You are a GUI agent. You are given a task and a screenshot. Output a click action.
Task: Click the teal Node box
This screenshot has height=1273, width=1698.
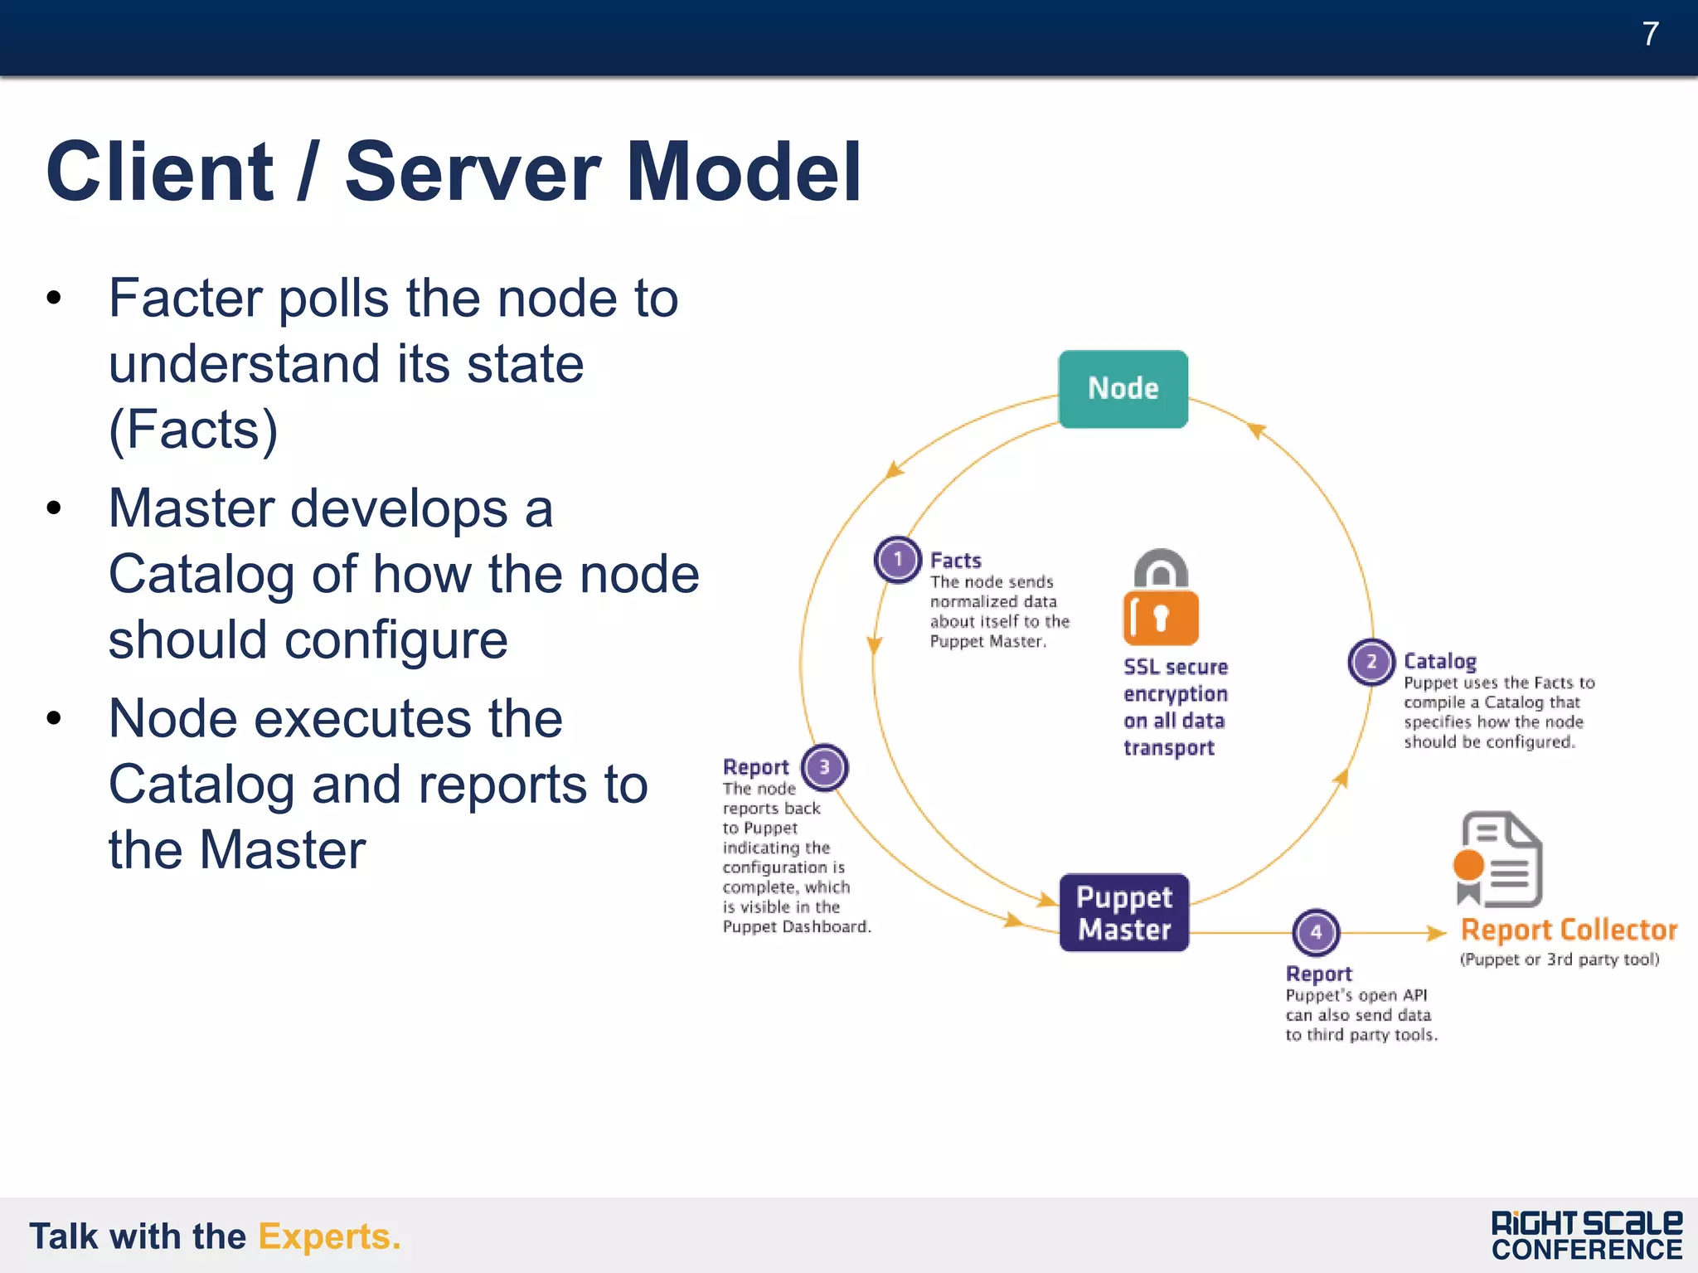click(x=1123, y=389)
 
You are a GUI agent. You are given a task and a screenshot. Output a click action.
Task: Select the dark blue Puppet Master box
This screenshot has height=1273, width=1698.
click(x=1123, y=913)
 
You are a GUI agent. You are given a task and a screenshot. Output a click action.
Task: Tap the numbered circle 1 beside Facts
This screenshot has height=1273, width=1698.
click(x=897, y=560)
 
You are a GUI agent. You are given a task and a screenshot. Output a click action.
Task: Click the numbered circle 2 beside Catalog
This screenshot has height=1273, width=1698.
click(x=1371, y=662)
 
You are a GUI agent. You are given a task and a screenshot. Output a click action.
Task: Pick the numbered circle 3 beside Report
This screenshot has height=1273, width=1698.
click(x=824, y=767)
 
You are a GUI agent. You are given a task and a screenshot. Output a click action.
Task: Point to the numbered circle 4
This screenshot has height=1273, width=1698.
click(x=1316, y=932)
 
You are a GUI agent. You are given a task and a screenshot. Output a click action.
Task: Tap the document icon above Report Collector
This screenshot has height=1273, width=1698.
click(x=1499, y=860)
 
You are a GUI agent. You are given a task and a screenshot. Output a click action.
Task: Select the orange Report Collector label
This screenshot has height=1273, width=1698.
click(x=1569, y=930)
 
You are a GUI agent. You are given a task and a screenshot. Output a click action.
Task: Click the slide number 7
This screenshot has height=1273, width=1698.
click(x=1650, y=34)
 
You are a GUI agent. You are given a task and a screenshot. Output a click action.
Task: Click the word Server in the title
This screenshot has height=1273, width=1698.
click(x=472, y=172)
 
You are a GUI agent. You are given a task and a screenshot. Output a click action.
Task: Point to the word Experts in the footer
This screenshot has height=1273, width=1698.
click(x=329, y=1237)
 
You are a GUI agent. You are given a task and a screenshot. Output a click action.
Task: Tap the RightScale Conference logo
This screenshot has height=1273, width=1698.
click(x=1586, y=1236)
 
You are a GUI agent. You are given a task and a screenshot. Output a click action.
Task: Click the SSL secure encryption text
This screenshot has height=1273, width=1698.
click(x=1174, y=707)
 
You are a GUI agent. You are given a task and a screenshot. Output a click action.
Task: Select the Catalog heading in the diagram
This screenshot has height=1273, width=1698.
click(x=1439, y=661)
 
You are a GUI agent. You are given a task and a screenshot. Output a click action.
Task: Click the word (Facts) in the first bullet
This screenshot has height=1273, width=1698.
click(x=193, y=430)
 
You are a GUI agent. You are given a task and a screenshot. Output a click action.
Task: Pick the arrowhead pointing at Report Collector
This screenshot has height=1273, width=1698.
click(x=1436, y=933)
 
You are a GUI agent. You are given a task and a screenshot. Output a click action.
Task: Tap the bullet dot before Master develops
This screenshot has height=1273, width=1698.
click(x=55, y=508)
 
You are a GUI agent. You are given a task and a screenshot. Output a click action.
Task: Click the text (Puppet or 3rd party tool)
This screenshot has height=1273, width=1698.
click(x=1559, y=960)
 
